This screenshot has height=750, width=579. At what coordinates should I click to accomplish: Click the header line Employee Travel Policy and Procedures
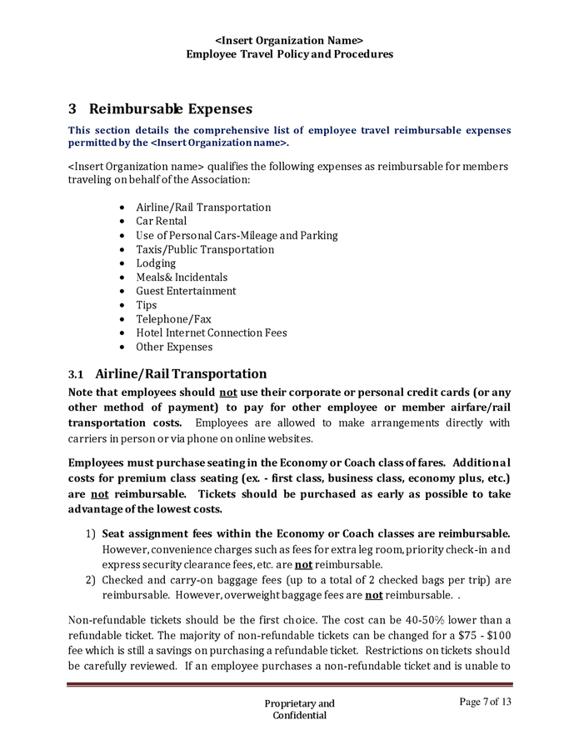pos(289,54)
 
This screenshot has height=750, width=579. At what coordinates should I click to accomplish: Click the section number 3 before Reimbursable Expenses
pos(72,109)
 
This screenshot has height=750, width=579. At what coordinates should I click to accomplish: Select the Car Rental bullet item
pos(162,221)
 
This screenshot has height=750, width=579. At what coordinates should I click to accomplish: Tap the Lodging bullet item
pos(156,263)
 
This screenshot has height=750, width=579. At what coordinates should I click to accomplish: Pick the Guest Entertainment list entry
pos(186,291)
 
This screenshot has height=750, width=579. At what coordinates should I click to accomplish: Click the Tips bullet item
pos(147,305)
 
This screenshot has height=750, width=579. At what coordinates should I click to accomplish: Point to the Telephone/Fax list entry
pos(173,319)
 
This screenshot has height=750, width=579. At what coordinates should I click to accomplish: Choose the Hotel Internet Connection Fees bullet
pos(212,332)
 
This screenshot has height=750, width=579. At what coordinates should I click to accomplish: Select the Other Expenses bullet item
pos(174,347)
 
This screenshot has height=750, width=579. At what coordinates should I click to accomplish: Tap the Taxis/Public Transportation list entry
pos(205,249)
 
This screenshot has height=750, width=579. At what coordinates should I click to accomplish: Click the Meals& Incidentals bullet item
pos(182,277)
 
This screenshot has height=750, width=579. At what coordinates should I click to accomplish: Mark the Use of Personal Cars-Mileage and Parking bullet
pos(237,235)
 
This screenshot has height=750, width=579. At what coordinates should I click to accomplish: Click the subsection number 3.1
pos(77,374)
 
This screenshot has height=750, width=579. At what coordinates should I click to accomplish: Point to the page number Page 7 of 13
pos(485,702)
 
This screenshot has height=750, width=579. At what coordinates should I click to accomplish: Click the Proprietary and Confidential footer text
pos(299,709)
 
